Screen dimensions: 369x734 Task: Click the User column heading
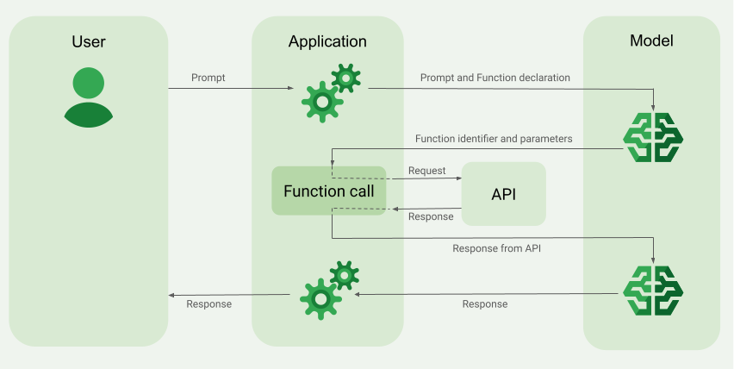point(89,41)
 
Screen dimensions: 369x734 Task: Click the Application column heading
point(327,41)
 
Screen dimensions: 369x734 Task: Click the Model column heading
point(651,41)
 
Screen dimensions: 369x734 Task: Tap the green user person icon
point(89,97)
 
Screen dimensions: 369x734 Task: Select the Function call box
point(328,191)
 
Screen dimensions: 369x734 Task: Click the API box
point(504,194)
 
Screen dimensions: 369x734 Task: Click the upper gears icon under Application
point(330,92)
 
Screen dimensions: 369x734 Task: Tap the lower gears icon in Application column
point(328,288)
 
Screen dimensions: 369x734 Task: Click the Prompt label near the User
point(208,78)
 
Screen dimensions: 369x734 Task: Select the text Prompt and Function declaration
point(495,78)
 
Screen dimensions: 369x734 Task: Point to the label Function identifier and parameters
point(494,138)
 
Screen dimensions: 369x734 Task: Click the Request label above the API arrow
point(426,171)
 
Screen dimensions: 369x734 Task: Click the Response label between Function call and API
point(430,216)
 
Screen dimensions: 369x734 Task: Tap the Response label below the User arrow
point(208,303)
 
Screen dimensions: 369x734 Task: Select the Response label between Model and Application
point(485,303)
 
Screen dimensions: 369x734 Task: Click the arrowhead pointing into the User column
point(171,295)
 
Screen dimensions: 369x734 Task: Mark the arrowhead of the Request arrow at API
point(458,179)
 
